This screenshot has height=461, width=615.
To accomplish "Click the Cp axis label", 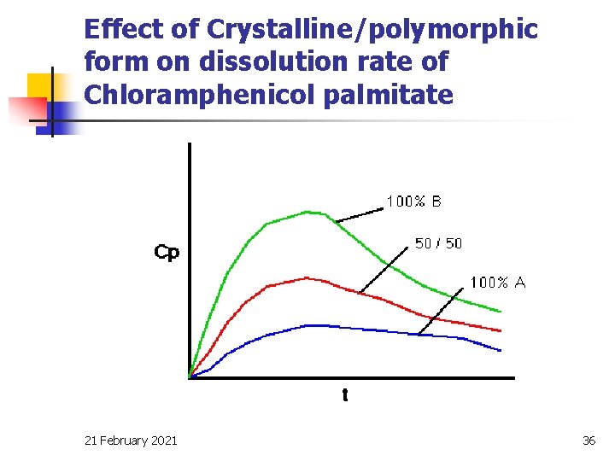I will point(167,253).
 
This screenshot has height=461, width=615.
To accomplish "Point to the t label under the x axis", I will point(344,395).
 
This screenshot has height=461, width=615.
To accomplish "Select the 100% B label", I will point(414,201).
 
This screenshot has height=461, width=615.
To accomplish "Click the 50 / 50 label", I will point(438,243).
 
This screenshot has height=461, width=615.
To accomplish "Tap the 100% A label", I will point(498,283).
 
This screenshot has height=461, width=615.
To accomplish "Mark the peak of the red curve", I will point(306,277).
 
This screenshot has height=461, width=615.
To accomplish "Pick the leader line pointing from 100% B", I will point(359,213).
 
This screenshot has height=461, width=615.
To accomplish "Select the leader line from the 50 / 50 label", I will point(383,269).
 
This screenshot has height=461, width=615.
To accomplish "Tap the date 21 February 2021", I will point(132,440).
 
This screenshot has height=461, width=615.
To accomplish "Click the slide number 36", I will point(589,440).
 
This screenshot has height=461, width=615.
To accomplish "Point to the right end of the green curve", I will point(501,311).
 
